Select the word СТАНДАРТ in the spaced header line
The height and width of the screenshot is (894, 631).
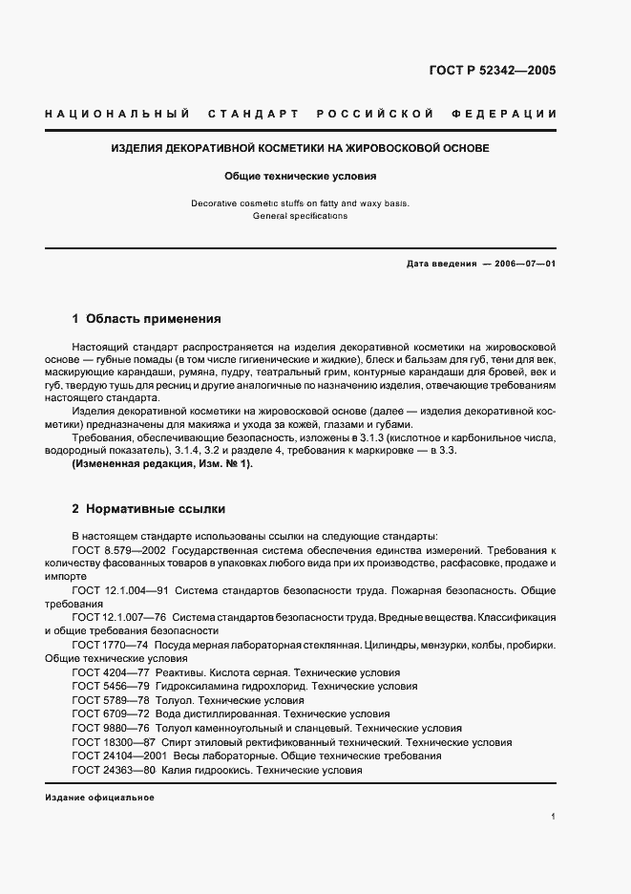[253, 115]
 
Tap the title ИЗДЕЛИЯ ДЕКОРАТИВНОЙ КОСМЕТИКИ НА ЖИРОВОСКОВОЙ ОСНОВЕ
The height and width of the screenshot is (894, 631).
[300, 149]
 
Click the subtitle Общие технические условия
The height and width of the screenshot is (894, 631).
[300, 177]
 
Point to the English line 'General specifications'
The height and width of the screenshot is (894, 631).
[300, 216]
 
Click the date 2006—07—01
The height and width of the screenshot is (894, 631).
[526, 264]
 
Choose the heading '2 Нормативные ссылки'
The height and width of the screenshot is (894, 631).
[148, 509]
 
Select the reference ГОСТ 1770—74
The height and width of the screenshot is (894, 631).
[110, 646]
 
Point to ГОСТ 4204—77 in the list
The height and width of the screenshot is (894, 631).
[110, 672]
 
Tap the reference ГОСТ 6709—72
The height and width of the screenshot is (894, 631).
[110, 713]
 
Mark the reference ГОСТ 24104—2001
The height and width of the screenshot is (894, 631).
[116, 756]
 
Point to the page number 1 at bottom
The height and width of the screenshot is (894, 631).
[554, 817]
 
